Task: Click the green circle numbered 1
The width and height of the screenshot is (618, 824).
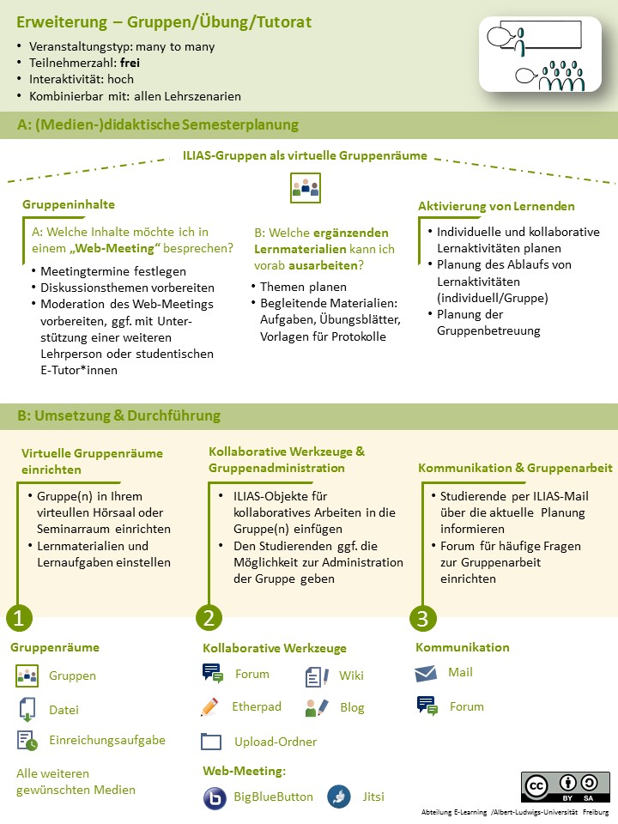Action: coord(20,617)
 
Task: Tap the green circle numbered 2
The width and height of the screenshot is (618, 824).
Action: coord(209,617)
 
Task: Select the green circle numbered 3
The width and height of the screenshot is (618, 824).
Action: coord(421,617)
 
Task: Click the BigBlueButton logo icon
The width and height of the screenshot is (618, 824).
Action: coord(214,797)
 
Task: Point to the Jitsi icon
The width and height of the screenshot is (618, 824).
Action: coord(338,797)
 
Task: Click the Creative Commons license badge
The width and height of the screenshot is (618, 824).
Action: coord(565,787)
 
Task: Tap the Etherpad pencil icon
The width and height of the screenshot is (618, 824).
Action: coord(209,707)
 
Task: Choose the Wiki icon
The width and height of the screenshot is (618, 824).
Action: coord(317,676)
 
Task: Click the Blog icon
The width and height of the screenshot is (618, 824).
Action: coord(317,708)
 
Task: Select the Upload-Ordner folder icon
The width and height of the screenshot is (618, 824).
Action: coord(211,742)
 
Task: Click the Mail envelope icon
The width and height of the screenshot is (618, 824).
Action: coord(427,674)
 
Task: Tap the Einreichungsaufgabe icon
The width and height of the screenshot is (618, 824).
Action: coord(27,740)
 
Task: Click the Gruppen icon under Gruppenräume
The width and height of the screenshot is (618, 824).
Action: coord(27,676)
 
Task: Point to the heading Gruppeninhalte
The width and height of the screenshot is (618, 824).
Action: coord(69,205)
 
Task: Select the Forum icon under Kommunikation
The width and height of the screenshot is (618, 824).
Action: coord(427,706)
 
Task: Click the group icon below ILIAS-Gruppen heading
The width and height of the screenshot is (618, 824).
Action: coord(305,188)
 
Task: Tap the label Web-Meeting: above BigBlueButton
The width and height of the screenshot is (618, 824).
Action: coord(244,771)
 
